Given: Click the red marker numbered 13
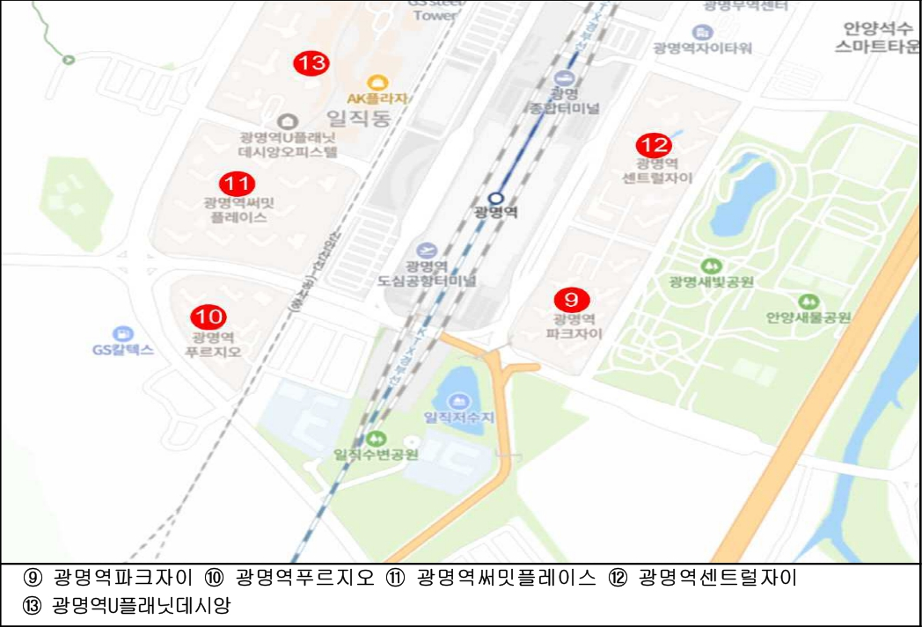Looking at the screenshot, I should point(311,63).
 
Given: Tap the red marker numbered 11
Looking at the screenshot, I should point(236,184).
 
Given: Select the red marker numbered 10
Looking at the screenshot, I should point(209,317).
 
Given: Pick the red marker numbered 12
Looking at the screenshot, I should point(654,145).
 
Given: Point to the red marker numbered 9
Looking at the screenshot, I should point(572,298).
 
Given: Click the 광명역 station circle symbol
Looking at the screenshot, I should point(495,198).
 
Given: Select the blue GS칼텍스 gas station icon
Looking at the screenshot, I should point(122,333).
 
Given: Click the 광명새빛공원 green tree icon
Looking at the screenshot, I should point(706,266).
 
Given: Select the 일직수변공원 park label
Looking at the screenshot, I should point(376,454).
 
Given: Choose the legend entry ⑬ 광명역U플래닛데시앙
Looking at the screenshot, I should point(128,606).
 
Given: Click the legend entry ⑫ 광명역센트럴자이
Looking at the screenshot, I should point(702,578).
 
